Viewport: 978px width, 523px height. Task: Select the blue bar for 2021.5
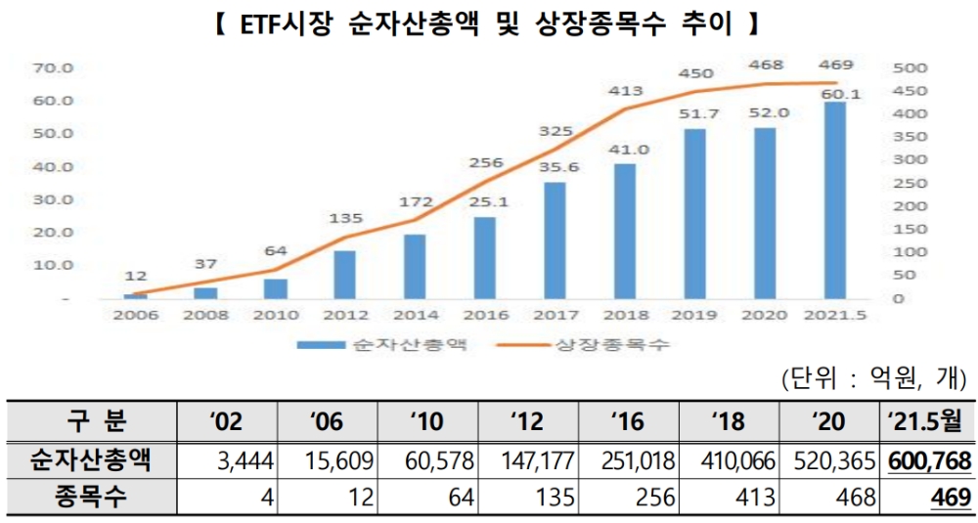[x=834, y=199]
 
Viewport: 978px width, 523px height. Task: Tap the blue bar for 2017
[x=555, y=240]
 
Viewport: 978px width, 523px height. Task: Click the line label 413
[x=625, y=91]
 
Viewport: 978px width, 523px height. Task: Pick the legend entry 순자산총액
[x=385, y=345]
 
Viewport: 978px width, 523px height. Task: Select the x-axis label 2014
[x=415, y=318]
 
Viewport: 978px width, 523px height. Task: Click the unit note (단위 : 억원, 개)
[x=873, y=378]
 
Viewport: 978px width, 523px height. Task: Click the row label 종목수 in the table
[x=91, y=497]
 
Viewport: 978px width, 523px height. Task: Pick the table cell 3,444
[x=244, y=459]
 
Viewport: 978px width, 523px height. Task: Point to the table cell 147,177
[x=530, y=459]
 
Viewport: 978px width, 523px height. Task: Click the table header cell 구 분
[x=91, y=422]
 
